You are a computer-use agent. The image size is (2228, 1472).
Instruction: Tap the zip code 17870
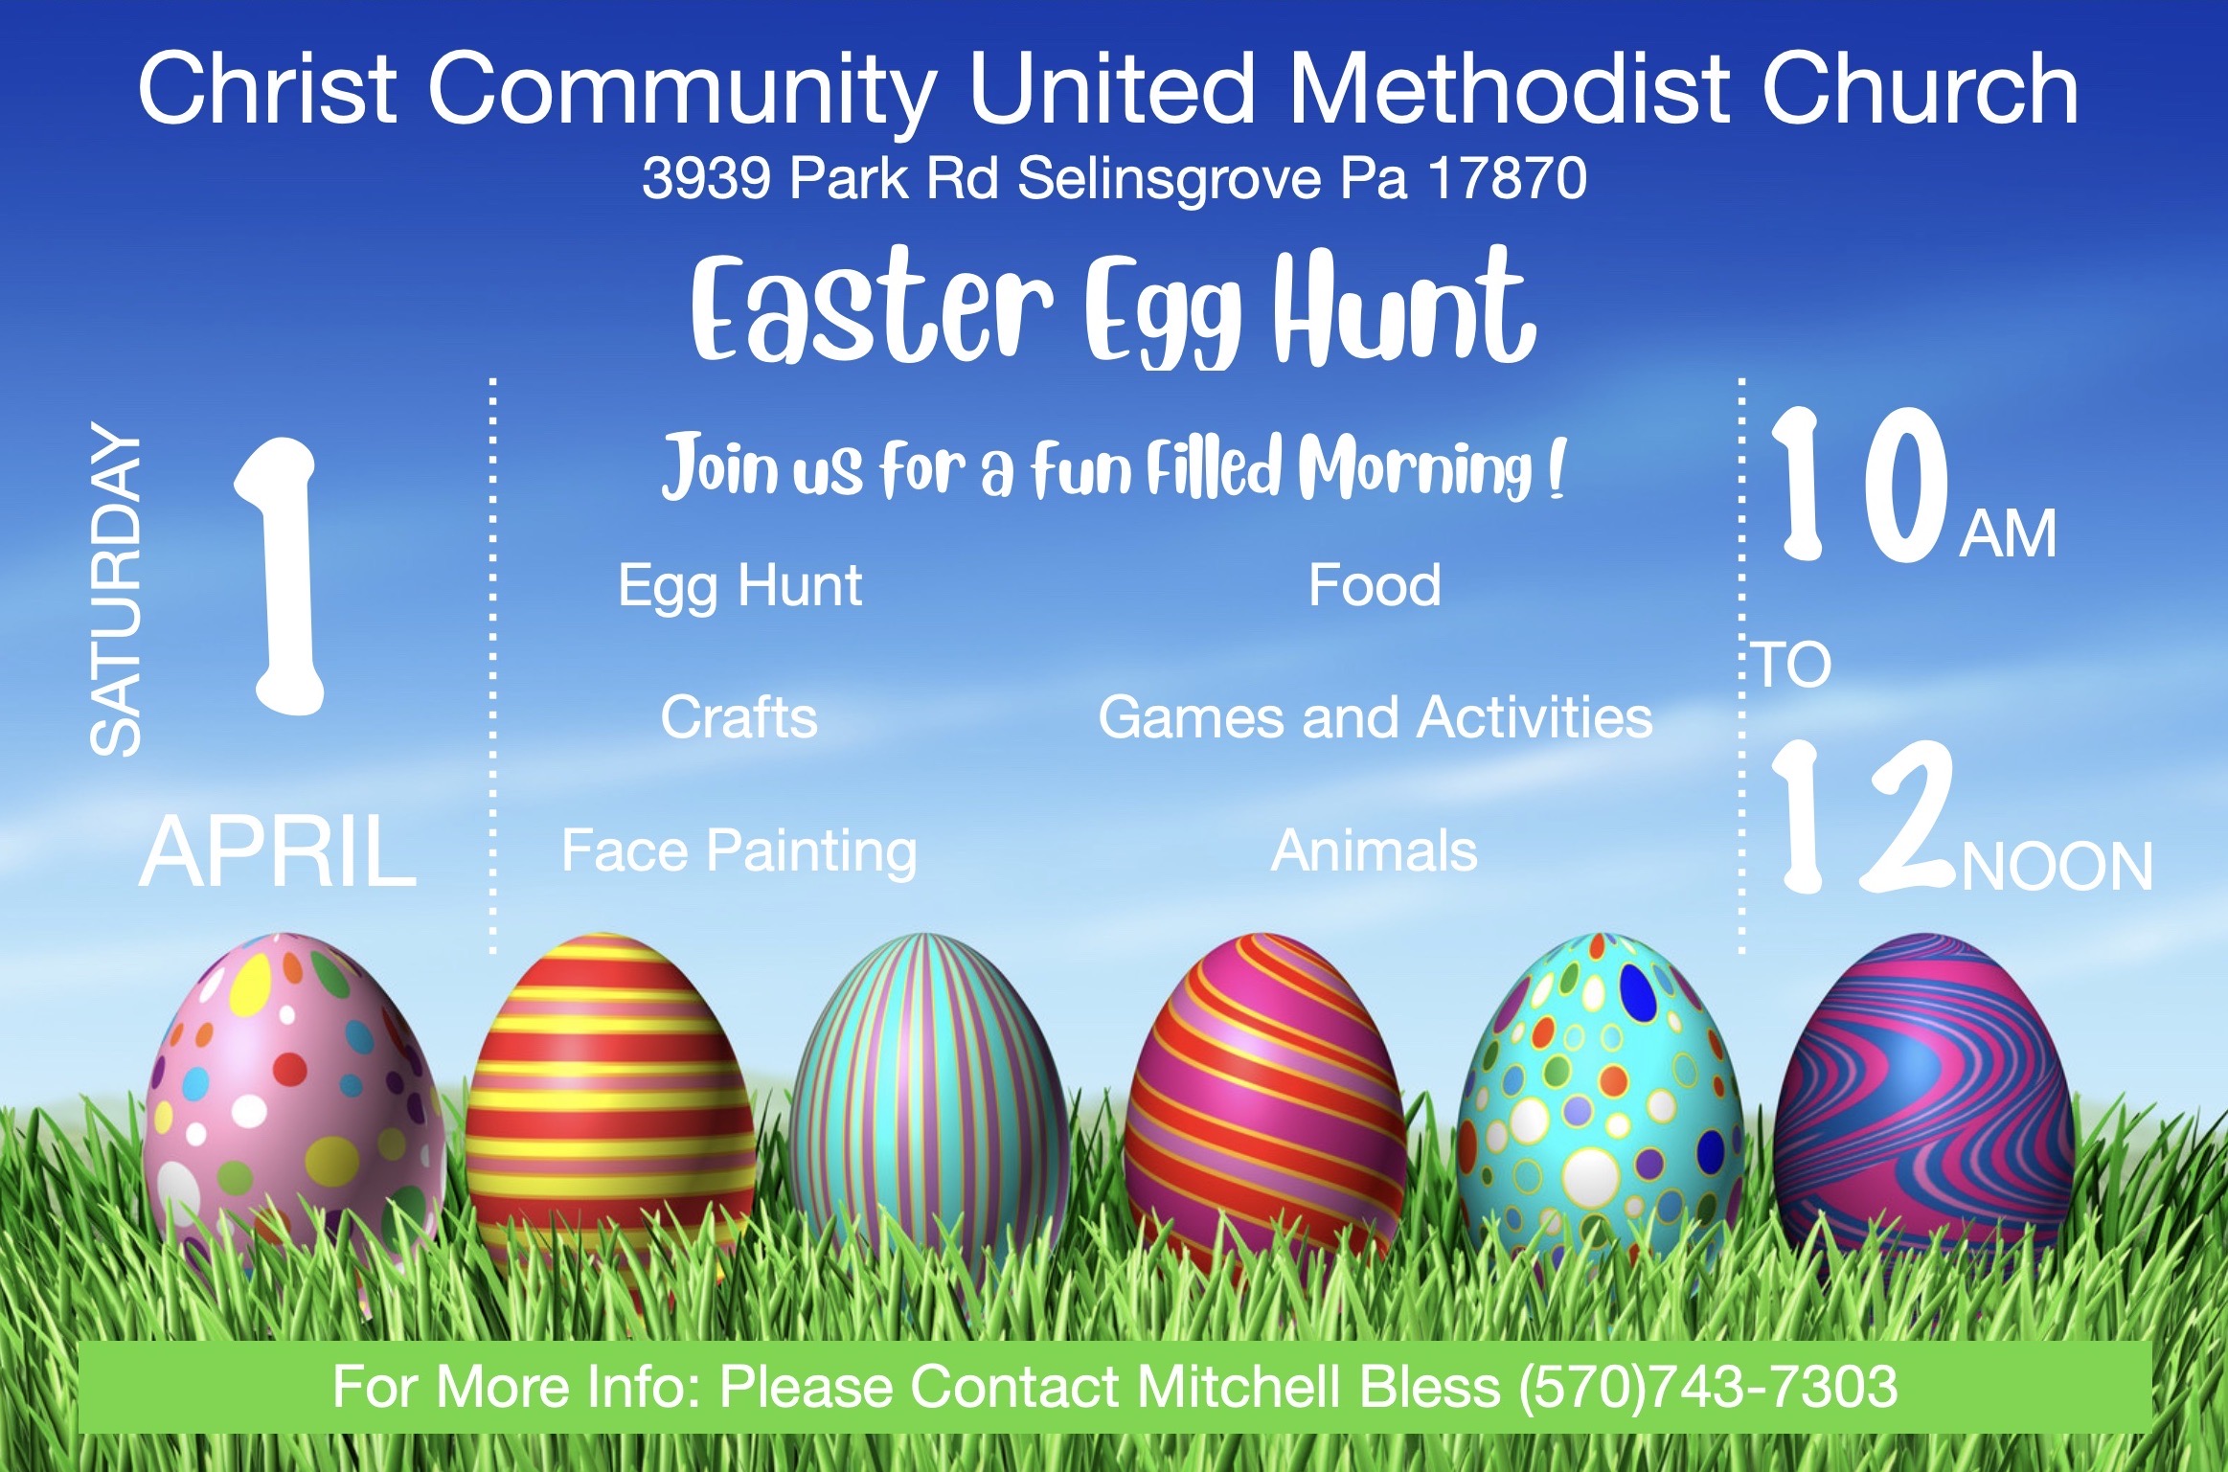pyautogui.click(x=1507, y=178)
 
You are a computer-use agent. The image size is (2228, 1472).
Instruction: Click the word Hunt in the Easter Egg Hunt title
pyautogui.click(x=1404, y=306)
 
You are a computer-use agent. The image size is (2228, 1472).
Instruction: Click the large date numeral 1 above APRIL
pyautogui.click(x=280, y=576)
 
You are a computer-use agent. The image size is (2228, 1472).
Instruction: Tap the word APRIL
pyautogui.click(x=278, y=851)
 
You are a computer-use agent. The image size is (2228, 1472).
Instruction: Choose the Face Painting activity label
pyautogui.click(x=739, y=852)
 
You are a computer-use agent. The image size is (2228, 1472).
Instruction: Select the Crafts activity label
pyautogui.click(x=739, y=717)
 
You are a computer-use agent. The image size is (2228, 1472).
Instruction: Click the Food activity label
pyautogui.click(x=1375, y=585)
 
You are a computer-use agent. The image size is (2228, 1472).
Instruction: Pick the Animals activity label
pyautogui.click(x=1374, y=850)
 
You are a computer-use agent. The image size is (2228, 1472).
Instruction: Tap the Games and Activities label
pyautogui.click(x=1375, y=717)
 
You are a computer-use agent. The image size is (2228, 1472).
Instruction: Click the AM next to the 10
pyautogui.click(x=2008, y=533)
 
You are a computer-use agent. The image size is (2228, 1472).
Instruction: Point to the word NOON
pyautogui.click(x=2057, y=866)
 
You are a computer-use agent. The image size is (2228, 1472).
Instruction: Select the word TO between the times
pyautogui.click(x=1792, y=664)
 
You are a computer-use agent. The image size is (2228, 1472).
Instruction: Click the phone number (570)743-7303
pyautogui.click(x=1708, y=1387)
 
